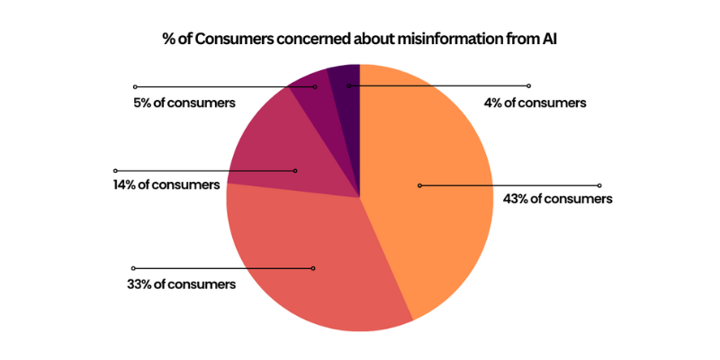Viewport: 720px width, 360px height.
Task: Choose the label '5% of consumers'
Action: (x=184, y=103)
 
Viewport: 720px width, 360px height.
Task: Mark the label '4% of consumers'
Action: (x=535, y=103)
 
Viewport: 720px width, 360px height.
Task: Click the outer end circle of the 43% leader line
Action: (x=599, y=185)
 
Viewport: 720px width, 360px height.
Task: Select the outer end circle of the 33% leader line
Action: (x=134, y=268)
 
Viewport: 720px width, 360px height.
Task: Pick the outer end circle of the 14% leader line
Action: (x=115, y=170)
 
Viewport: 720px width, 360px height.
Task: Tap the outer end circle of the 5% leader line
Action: (x=135, y=86)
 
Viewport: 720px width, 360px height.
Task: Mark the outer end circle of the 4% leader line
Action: (x=529, y=86)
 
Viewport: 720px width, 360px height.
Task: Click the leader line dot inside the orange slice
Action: (x=419, y=185)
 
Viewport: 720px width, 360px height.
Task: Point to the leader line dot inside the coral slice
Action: (x=313, y=268)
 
